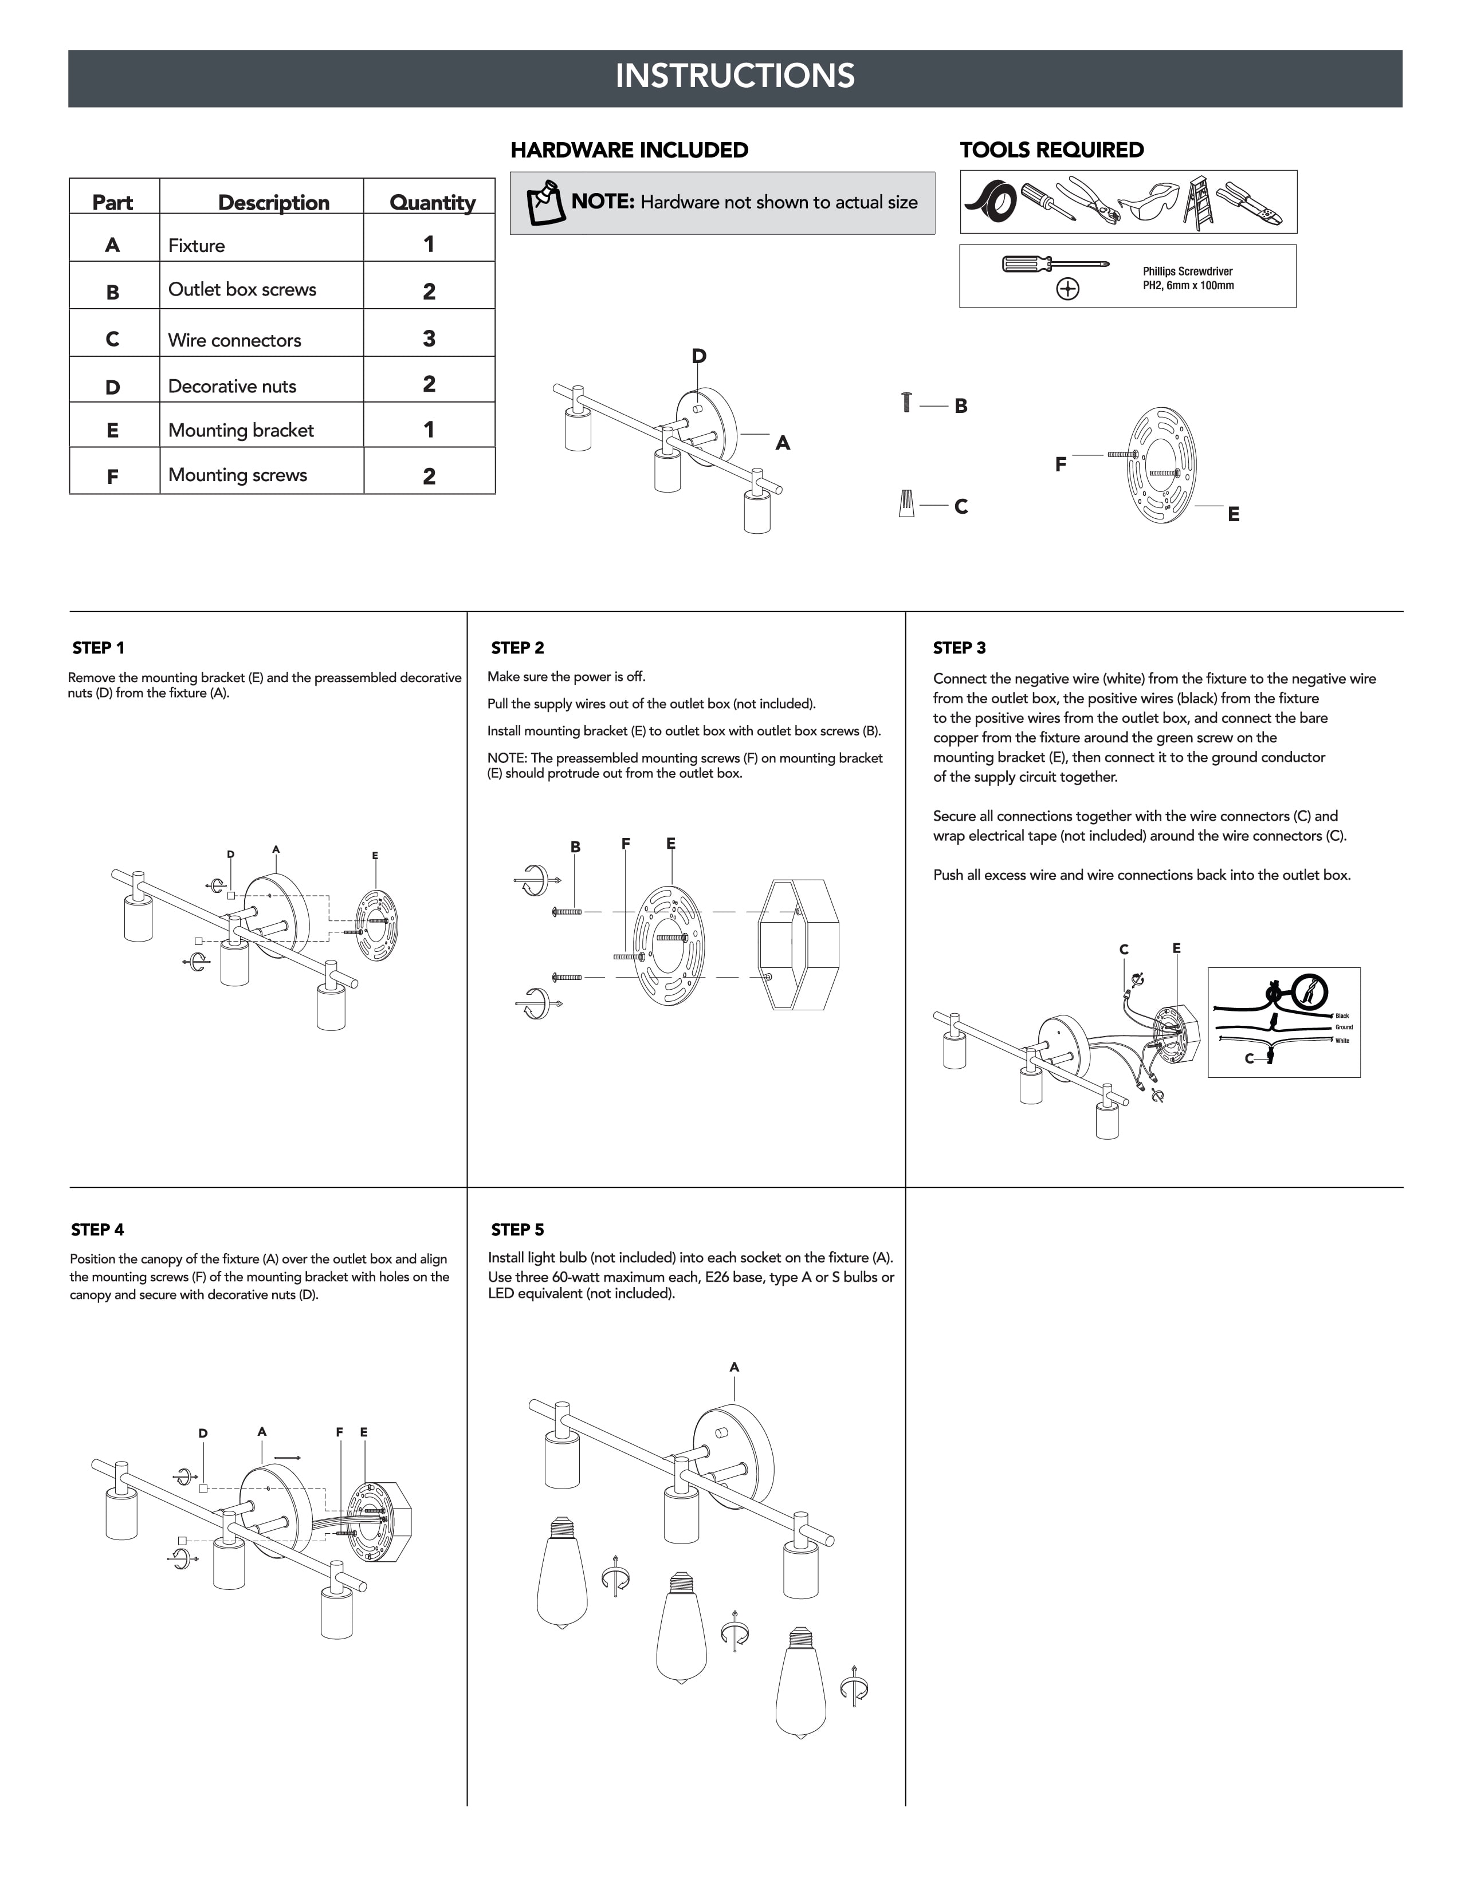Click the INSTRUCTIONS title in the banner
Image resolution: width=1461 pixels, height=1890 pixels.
click(735, 76)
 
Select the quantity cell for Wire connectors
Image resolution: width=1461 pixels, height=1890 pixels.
click(429, 338)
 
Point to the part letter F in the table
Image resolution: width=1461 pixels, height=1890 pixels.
click(112, 476)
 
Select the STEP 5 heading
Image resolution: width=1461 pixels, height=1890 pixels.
click(517, 1230)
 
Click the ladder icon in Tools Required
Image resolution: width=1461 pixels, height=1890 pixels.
click(1198, 203)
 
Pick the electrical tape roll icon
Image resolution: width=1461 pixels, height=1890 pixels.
click(991, 203)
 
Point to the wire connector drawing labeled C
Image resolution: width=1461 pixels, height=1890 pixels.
click(906, 503)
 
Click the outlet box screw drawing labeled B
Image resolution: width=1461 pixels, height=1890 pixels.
click(906, 403)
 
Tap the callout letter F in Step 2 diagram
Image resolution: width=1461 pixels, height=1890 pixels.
click(626, 844)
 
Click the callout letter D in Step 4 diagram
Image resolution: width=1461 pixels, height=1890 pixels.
click(202, 1433)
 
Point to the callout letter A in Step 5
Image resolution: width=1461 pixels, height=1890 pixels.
click(734, 1367)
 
